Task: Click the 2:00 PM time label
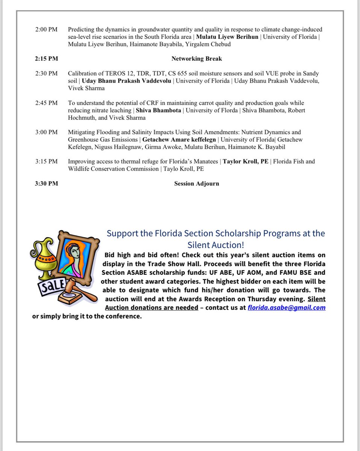coord(47,29)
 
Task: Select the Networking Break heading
coord(197,59)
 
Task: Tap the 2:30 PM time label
coord(47,73)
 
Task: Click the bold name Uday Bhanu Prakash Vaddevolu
coord(127,81)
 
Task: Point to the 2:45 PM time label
coord(47,103)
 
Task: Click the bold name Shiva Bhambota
coord(158,110)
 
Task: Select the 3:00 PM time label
coord(47,132)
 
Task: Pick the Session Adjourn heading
coord(197,183)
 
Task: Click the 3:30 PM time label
coord(47,183)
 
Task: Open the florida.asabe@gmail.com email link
coord(286,307)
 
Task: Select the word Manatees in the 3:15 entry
coord(206,161)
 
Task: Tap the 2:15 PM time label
coord(47,59)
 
